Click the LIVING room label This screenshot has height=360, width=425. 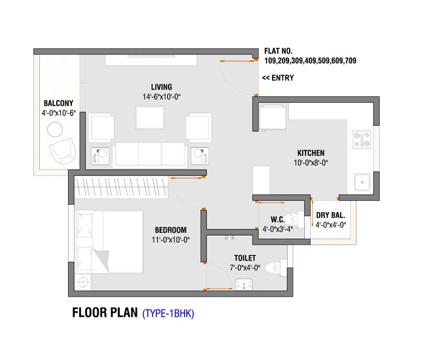pyautogui.click(x=161, y=87)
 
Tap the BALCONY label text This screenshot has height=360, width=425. pyautogui.click(x=59, y=103)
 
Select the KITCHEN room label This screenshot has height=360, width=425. pyautogui.click(x=311, y=153)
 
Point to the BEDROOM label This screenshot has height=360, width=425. pyautogui.click(x=171, y=230)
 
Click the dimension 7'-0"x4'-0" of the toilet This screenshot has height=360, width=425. pyautogui.click(x=245, y=268)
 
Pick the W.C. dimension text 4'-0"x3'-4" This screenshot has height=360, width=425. pyautogui.click(x=277, y=229)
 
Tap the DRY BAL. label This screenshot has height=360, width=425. pyautogui.click(x=331, y=215)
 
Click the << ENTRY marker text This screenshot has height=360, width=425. pyautogui.click(x=278, y=78)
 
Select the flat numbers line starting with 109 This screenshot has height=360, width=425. pyautogui.click(x=311, y=60)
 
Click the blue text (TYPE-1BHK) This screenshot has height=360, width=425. pyautogui.click(x=168, y=314)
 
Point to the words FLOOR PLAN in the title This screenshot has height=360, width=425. pyautogui.click(x=105, y=312)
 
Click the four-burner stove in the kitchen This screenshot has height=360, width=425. pyautogui.click(x=362, y=139)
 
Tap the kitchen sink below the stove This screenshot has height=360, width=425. pyautogui.click(x=362, y=183)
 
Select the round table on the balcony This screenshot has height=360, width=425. pyautogui.click(x=55, y=130)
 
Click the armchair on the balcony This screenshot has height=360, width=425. pyautogui.click(x=63, y=151)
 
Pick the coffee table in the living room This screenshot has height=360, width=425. pyautogui.click(x=150, y=118)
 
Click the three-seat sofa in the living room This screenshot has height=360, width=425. pyautogui.click(x=150, y=154)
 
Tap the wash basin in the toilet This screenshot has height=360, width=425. pyautogui.click(x=245, y=284)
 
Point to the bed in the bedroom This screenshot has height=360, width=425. pyautogui.click(x=109, y=242)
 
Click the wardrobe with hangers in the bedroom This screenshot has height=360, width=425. pyautogui.click(x=122, y=187)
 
